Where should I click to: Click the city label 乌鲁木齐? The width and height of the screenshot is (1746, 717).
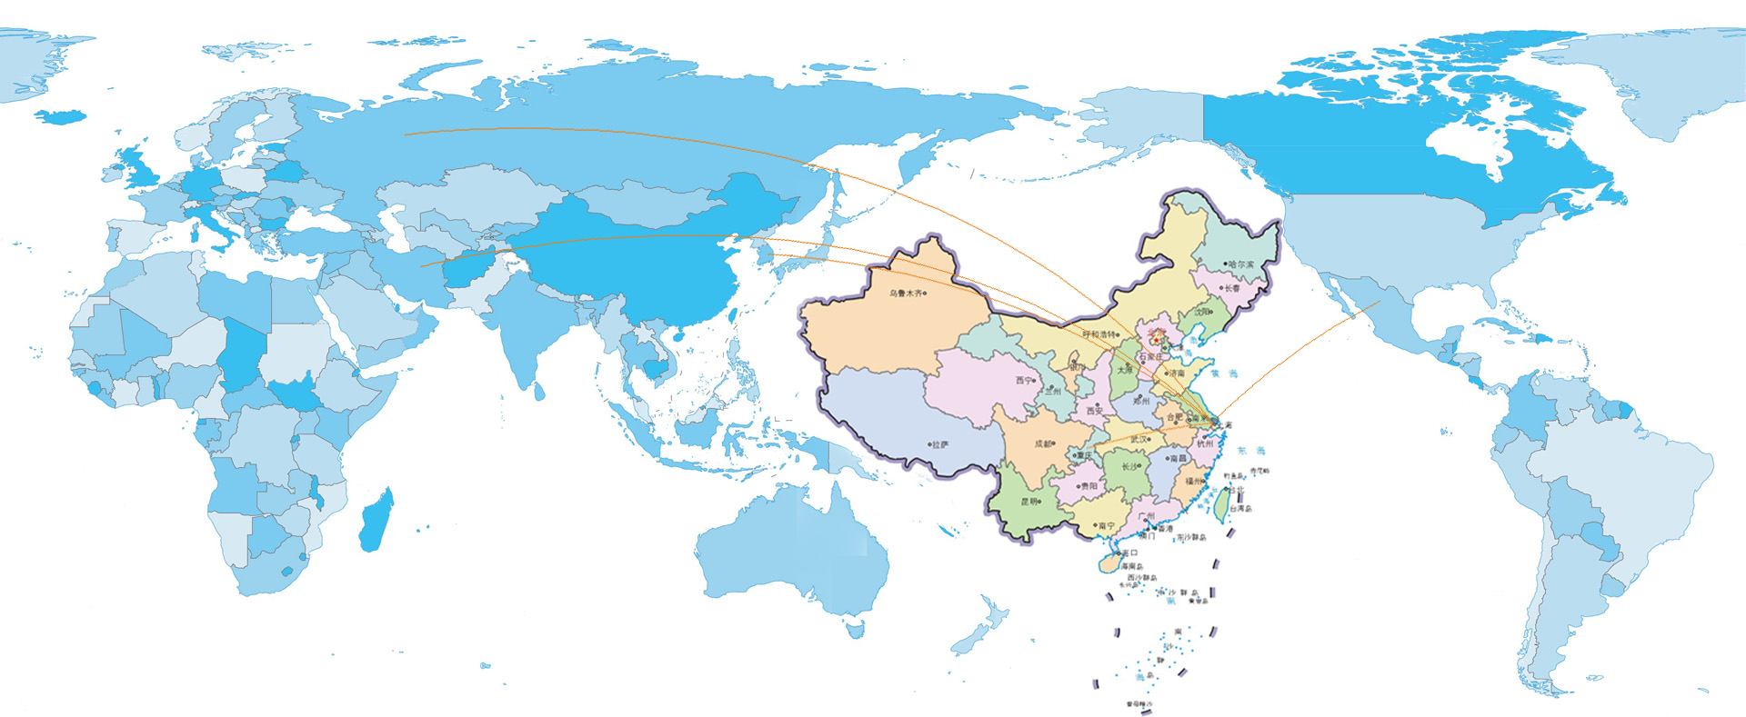tap(906, 294)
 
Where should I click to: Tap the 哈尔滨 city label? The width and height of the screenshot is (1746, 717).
tap(1240, 264)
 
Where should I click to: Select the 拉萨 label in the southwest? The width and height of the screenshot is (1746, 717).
tap(939, 444)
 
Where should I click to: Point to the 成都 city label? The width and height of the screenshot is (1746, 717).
tap(1045, 444)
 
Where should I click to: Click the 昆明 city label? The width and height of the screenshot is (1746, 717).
tap(1029, 502)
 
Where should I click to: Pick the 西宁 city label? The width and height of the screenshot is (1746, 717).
tap(1024, 381)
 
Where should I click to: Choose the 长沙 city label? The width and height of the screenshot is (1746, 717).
tap(1129, 467)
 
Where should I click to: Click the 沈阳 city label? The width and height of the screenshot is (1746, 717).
tap(1202, 312)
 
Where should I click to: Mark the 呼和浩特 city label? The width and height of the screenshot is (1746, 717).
tap(1099, 334)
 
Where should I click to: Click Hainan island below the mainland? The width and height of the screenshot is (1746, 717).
tap(1108, 564)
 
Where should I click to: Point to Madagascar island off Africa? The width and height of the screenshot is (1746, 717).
tap(376, 520)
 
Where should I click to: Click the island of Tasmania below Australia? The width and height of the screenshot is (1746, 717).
tap(855, 627)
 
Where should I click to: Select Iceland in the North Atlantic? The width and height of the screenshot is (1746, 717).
tap(60, 116)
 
